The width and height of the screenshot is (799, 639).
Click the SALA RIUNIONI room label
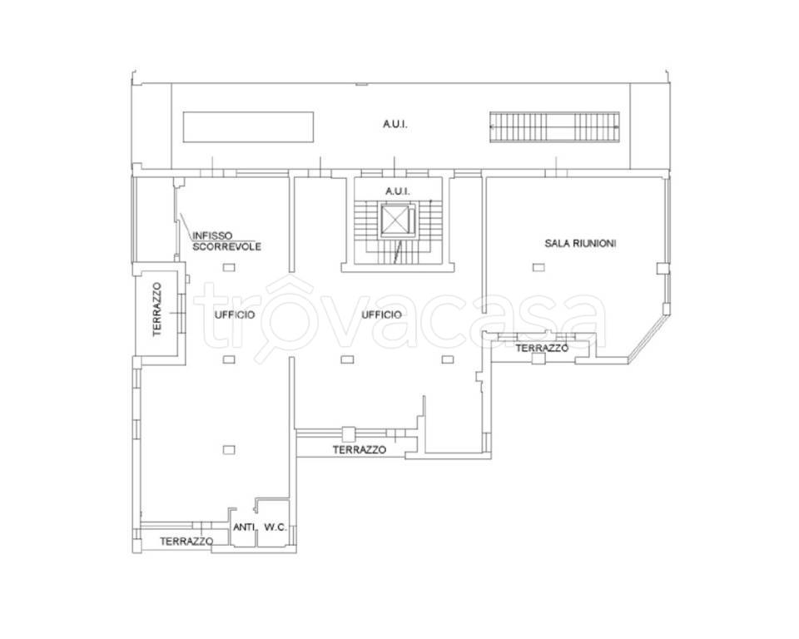coord(580,243)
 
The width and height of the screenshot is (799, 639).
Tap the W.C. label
coord(275,528)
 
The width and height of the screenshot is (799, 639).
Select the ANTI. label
coord(244,528)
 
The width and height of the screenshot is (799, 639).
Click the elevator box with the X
coord(395,220)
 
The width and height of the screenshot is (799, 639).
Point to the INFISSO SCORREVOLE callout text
coord(226,241)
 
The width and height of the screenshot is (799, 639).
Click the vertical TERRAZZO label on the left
coord(157,310)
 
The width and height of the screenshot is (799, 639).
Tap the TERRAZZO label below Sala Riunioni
coord(542,348)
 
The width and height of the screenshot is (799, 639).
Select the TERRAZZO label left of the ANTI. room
coord(186,541)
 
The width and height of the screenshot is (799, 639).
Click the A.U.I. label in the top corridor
coord(395,124)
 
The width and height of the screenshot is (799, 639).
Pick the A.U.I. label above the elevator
coord(398,191)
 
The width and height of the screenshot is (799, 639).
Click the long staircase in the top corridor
coord(554,126)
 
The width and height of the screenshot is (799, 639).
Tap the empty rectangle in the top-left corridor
coord(248,126)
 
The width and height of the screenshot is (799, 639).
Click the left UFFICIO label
coord(235,315)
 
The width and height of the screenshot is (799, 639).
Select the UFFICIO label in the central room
coord(382,315)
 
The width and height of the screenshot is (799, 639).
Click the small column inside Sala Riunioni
coord(538,267)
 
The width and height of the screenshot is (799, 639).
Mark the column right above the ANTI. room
coord(230,450)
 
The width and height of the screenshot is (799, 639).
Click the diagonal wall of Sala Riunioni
coord(648,335)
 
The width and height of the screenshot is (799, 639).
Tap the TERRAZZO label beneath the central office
coord(360,450)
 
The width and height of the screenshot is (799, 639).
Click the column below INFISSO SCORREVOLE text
coord(230,266)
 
